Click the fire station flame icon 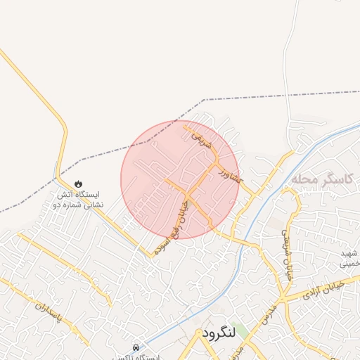[x=77, y=184]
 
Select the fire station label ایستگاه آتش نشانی [x=78, y=200]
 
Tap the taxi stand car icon [x=136, y=348]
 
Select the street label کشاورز [x=229, y=174]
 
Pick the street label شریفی [x=200, y=143]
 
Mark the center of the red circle [x=179, y=179]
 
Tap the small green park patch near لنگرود [x=240, y=331]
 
